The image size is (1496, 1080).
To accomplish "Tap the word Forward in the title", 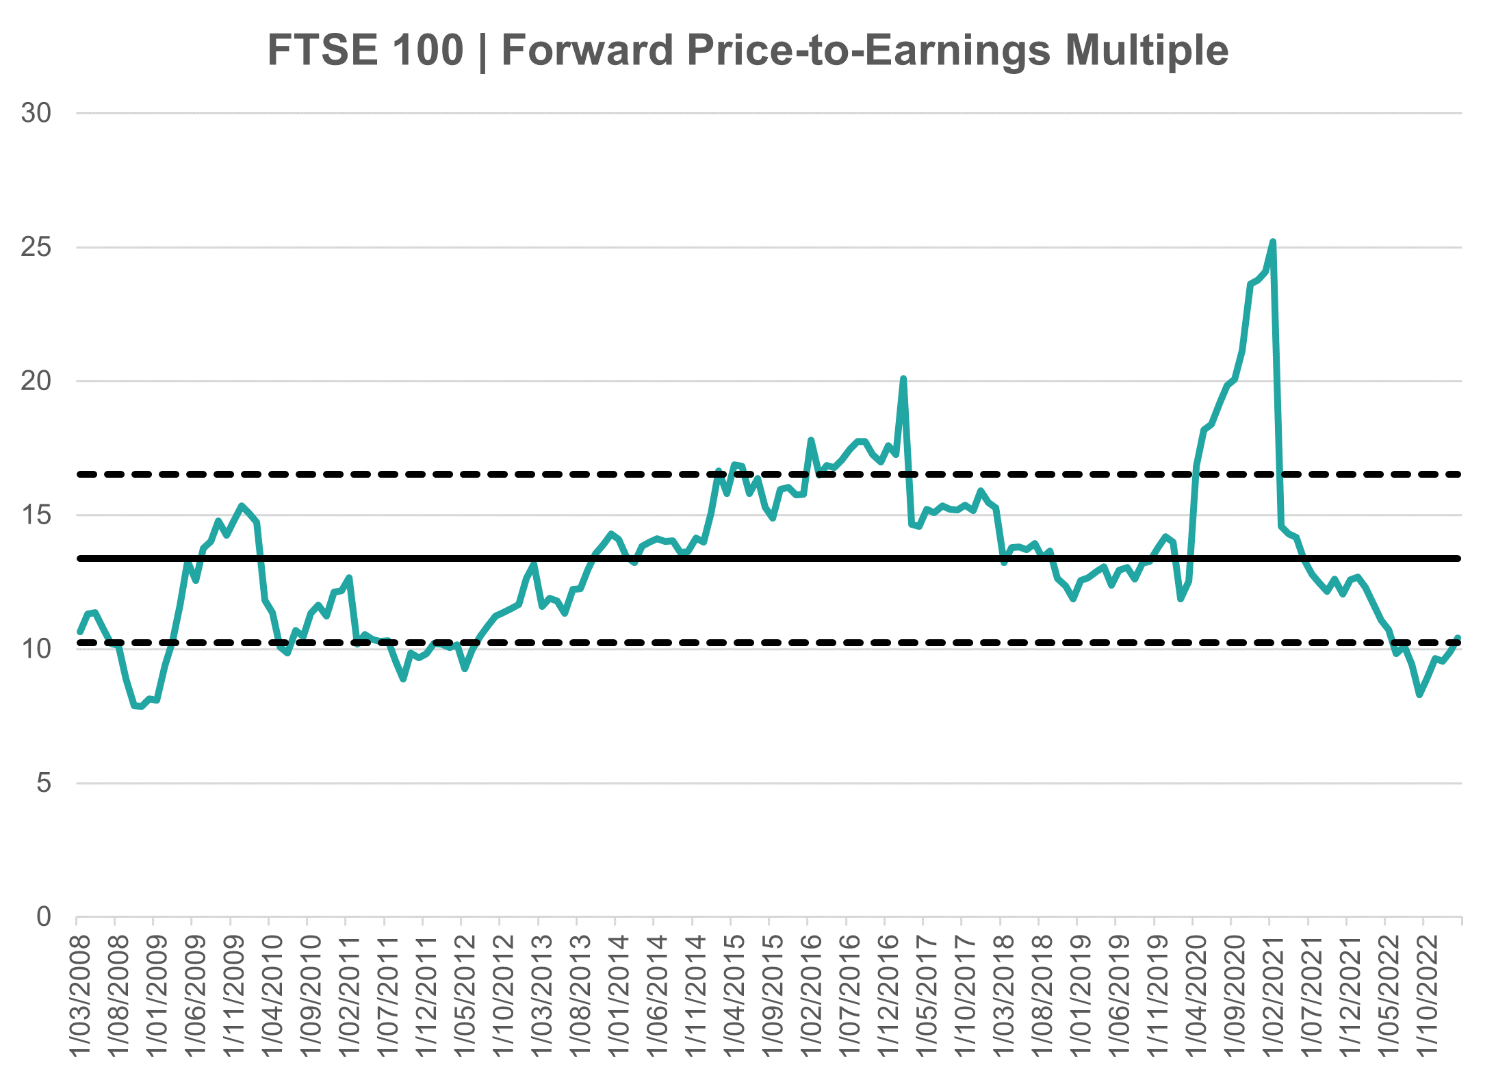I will point(587,50).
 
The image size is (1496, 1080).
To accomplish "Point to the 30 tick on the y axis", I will point(36,113).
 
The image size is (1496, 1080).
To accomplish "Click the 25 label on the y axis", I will point(36,247).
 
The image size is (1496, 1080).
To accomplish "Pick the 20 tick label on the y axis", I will point(36,381).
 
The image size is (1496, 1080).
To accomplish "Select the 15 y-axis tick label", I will point(36,515).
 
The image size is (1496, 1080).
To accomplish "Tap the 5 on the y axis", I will point(44,782).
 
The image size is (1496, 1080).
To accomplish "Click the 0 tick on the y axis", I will point(44,916).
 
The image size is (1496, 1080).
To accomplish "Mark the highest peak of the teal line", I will point(1272,242).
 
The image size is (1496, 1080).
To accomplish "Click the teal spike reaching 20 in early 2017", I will point(903,378).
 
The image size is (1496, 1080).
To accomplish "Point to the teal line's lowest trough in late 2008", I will point(139,706).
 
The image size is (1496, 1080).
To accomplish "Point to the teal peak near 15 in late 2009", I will point(242,506).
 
